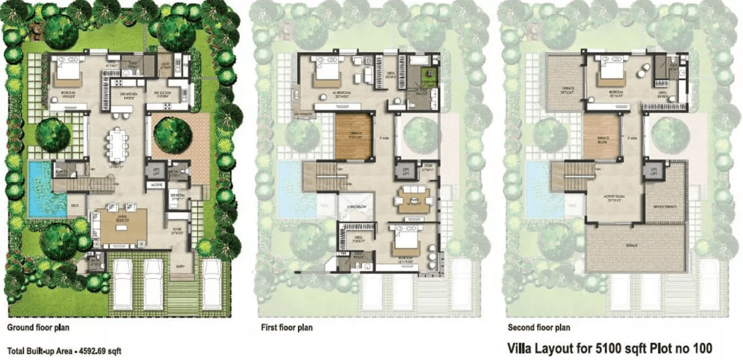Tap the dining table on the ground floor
[118, 145]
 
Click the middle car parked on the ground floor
[154, 283]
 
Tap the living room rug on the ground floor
[123, 225]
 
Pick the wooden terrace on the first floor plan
[354, 137]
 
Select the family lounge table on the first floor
[411, 199]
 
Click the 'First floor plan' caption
[286, 328]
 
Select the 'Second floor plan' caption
[538, 328]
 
